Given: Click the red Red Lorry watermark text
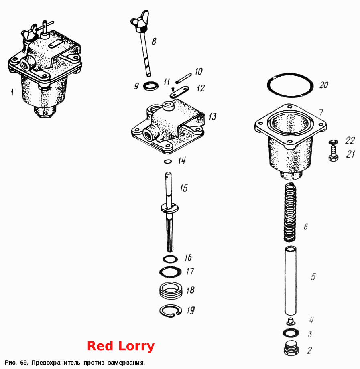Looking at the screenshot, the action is click(x=120, y=346).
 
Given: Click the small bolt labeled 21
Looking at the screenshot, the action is click(x=334, y=154).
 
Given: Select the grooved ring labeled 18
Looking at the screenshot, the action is click(x=171, y=291).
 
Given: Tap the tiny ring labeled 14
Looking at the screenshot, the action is click(x=167, y=162).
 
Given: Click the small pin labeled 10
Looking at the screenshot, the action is click(x=183, y=78).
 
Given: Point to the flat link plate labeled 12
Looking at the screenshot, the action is click(x=179, y=91).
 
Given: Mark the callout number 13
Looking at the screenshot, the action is click(x=212, y=116).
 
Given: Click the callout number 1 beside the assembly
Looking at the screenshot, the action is click(x=12, y=92).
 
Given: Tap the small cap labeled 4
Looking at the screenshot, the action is click(x=291, y=321).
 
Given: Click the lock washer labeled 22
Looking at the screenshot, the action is click(x=334, y=142).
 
